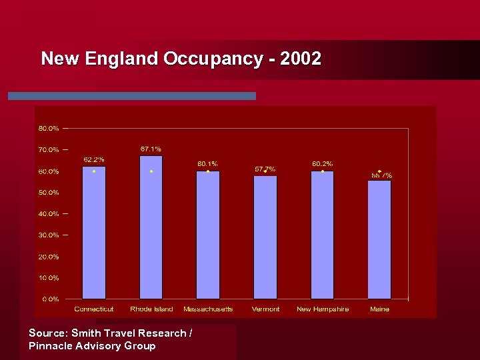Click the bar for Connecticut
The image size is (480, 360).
coord(94,233)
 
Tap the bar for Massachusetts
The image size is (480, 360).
coord(208,237)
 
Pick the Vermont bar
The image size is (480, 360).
coord(265,239)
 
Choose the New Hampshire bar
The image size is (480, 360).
coord(322,237)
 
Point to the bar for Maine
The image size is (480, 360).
coord(379,241)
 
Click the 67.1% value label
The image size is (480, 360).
coord(151,149)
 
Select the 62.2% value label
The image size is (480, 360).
coord(94,159)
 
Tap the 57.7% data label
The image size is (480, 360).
coord(265,169)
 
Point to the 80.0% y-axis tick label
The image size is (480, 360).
coord(49,128)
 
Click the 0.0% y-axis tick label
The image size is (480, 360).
coord(51,299)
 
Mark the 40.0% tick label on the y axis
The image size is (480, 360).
coord(49,214)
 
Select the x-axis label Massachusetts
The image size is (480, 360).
coord(208,309)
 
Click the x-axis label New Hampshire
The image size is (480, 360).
coord(323,309)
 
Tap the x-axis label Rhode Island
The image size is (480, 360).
coord(151,309)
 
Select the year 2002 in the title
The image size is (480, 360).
coord(301,59)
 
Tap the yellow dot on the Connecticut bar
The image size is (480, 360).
coord(94,171)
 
